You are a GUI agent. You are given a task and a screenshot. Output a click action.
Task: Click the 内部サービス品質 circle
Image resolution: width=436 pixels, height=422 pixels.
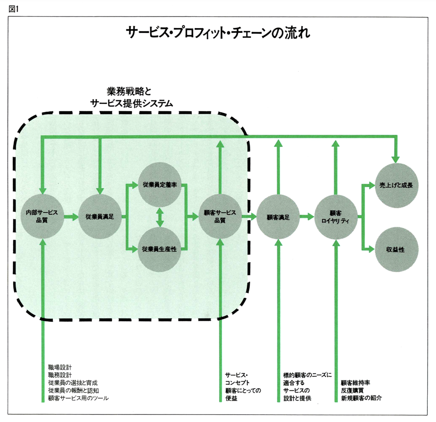click(42, 216)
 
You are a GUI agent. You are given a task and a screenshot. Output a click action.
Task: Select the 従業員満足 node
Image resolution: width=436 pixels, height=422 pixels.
click(100, 217)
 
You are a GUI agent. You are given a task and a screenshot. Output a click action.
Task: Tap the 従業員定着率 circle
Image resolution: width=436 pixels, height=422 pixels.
click(160, 185)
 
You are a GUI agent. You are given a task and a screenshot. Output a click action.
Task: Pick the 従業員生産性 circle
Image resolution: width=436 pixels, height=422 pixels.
click(160, 249)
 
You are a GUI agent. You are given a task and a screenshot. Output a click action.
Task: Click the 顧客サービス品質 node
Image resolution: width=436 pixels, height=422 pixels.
click(220, 216)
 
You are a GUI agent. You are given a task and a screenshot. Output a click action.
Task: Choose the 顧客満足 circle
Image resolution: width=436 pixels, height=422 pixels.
click(278, 217)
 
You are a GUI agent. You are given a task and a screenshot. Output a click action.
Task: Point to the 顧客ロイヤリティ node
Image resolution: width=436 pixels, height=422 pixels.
click(336, 217)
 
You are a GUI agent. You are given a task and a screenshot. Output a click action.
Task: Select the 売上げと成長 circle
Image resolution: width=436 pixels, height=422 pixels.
click(396, 185)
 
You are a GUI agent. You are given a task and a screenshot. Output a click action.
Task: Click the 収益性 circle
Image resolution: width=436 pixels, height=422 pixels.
click(396, 250)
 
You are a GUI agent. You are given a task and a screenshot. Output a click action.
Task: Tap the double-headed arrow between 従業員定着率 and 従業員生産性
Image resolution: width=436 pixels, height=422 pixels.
click(160, 217)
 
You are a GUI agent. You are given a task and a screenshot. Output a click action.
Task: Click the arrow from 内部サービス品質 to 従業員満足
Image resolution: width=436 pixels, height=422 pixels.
click(71, 217)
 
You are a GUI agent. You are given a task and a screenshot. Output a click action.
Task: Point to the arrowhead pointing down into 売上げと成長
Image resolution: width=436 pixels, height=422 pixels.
click(396, 159)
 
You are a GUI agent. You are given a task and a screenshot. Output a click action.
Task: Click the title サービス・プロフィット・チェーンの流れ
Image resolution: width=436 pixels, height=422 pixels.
click(218, 32)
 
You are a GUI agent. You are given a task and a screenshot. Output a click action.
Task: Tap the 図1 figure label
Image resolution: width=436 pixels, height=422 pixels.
click(14, 9)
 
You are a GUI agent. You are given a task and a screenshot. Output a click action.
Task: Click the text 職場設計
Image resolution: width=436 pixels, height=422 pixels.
click(60, 367)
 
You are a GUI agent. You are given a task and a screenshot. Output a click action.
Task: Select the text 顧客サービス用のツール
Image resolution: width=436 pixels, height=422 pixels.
click(78, 398)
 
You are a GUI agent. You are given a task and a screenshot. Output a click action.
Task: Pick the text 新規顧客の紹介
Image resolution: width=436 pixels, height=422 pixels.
click(361, 398)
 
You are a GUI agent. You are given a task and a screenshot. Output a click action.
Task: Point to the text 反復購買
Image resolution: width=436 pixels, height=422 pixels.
click(352, 390)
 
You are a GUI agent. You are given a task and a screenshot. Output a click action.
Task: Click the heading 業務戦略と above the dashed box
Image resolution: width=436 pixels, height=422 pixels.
click(129, 91)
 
